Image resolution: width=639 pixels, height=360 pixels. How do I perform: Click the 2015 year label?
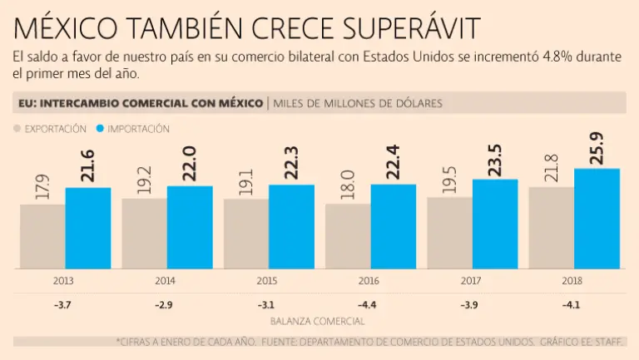(267, 281)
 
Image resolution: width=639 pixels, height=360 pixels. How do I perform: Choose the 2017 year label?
(470, 281)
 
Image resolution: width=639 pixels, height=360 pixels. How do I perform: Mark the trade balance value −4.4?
(369, 305)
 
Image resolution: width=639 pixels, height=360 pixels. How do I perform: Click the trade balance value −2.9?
(165, 305)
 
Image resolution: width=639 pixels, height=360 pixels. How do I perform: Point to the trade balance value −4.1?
(572, 305)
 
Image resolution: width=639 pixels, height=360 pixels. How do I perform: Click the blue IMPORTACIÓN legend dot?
(102, 129)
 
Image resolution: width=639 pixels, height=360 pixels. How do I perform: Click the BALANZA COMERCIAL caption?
(317, 320)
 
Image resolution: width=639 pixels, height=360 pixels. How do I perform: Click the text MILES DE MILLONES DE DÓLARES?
(359, 103)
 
